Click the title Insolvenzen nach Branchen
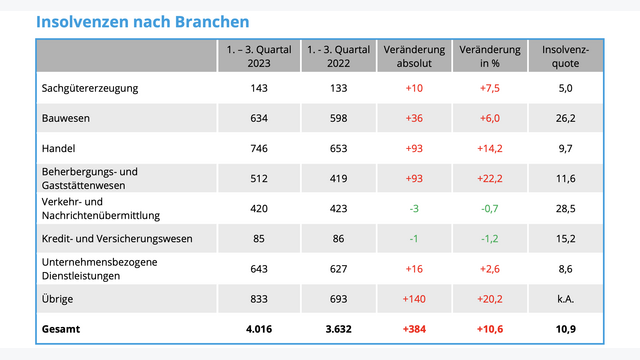click(x=143, y=21)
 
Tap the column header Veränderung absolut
click(x=411, y=56)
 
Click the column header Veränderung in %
click(x=489, y=56)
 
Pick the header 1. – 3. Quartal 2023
click(x=258, y=56)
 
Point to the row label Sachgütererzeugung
click(x=91, y=88)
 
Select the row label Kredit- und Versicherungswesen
click(x=118, y=238)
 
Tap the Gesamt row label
click(x=62, y=329)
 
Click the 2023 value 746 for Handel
click(x=258, y=148)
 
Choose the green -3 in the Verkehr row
click(x=411, y=208)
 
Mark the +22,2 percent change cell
click(x=489, y=178)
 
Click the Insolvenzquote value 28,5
click(x=566, y=208)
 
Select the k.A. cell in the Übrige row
click(x=566, y=299)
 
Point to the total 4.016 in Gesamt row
click(x=258, y=329)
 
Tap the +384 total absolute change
click(x=411, y=329)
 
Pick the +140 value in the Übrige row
click(x=411, y=299)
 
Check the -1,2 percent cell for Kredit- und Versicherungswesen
click(x=489, y=238)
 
